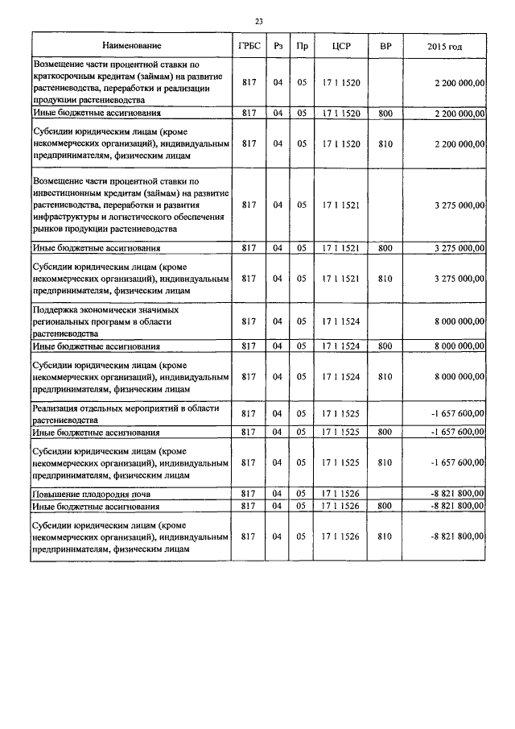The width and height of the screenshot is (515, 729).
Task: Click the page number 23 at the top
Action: [257, 20]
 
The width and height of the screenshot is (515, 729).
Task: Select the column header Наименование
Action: [131, 47]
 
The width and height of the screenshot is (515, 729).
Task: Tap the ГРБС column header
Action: [249, 47]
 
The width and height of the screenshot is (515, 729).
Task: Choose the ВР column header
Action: [385, 47]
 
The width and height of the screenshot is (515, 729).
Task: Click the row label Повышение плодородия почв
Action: [91, 493]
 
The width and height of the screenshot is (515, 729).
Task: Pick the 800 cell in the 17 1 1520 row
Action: [385, 114]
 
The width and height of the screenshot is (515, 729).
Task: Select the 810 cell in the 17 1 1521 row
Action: [385, 279]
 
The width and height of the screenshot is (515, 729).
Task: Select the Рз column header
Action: [278, 47]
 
